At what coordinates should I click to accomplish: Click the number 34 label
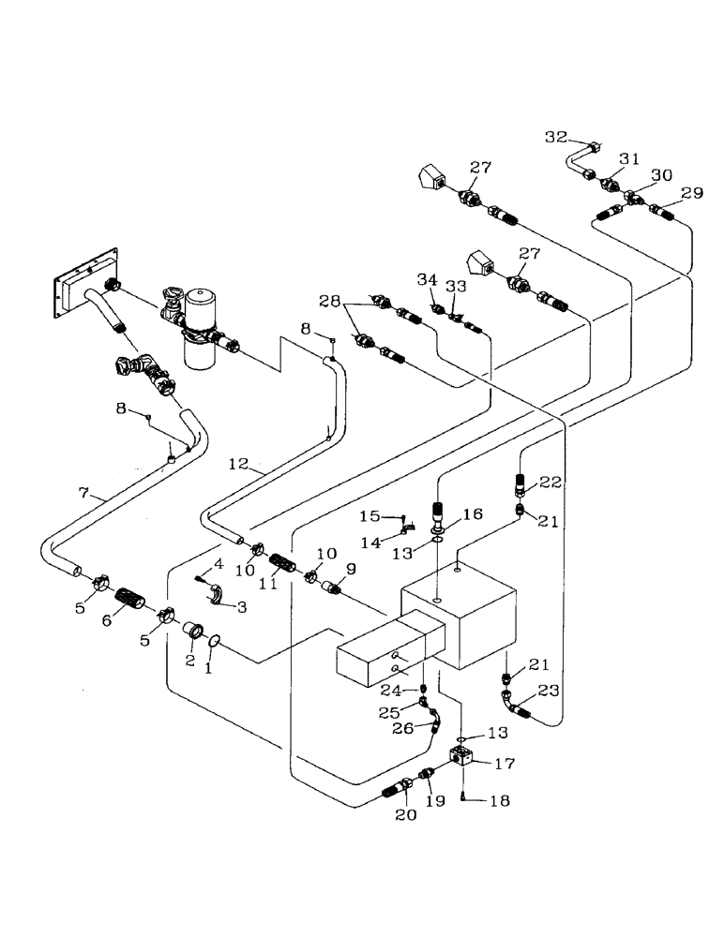click(428, 279)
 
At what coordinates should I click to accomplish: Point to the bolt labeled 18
click(465, 797)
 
